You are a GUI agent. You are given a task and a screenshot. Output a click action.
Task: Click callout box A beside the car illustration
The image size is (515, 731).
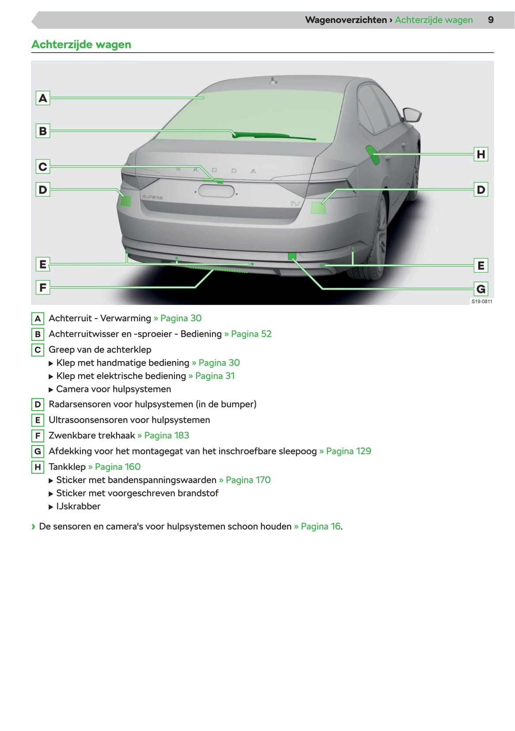[x=43, y=98]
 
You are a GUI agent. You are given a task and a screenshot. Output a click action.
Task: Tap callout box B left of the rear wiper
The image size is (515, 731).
[x=43, y=131]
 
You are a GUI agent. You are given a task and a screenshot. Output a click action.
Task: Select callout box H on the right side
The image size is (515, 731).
[x=481, y=154]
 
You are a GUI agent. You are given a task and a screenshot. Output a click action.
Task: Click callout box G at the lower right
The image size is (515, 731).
[x=481, y=289]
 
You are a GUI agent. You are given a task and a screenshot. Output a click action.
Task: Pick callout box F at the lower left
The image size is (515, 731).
[x=43, y=288]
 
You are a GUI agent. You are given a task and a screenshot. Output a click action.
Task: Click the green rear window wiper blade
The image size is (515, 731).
[x=274, y=136]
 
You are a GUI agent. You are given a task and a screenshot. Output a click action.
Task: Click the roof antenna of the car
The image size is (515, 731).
[x=273, y=81]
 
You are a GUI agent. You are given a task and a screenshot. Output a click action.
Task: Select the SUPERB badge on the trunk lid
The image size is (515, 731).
[x=152, y=197]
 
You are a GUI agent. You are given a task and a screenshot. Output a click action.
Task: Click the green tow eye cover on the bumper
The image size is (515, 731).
[x=292, y=256]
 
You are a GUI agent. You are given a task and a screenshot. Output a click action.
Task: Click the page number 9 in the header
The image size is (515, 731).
[x=491, y=20]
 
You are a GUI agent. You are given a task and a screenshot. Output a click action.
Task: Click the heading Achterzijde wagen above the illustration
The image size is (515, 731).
[x=81, y=45]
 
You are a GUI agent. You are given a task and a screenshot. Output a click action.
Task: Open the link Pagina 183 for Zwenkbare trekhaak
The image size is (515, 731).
[x=167, y=435]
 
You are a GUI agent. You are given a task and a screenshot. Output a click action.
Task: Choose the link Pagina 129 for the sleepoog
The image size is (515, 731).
[x=348, y=451]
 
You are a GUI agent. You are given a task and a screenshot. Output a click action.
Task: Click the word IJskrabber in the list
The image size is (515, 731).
[x=78, y=506]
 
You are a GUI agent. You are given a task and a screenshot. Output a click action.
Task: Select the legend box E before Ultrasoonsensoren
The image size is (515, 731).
[x=38, y=420]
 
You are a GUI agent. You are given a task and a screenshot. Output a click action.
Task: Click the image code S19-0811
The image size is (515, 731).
[x=481, y=301]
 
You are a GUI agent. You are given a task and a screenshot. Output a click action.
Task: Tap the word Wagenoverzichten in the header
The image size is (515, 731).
[x=346, y=20]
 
